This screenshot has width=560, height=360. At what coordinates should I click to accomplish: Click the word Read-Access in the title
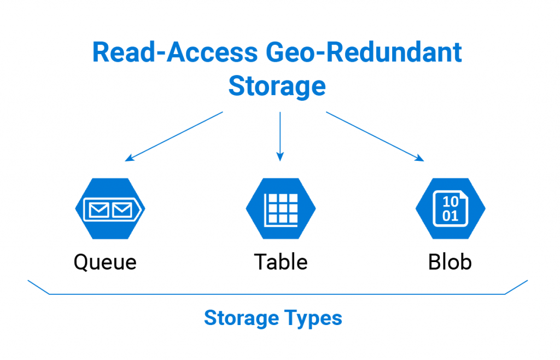[174, 53]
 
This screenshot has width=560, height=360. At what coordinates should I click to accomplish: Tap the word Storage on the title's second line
[277, 86]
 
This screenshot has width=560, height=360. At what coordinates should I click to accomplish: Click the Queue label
[105, 262]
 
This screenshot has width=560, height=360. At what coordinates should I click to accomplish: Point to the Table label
[281, 262]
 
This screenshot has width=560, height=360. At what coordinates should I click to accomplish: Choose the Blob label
[450, 262]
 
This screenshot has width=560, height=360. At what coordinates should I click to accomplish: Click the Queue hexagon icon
[109, 208]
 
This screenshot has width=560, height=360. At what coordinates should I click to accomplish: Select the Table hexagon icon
[281, 208]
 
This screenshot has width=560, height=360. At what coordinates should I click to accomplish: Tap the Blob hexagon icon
[450, 208]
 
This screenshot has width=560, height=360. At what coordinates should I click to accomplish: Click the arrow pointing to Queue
[174, 136]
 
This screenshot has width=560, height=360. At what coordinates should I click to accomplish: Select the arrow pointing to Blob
[375, 136]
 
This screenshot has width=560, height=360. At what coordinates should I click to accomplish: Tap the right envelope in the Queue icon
[121, 209]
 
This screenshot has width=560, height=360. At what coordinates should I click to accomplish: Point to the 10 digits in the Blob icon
[450, 201]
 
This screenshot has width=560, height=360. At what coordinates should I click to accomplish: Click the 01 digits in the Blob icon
[450, 216]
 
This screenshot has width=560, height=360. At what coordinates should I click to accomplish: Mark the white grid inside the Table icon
[281, 209]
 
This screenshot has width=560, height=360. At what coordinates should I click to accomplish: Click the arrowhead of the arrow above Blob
[421, 159]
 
